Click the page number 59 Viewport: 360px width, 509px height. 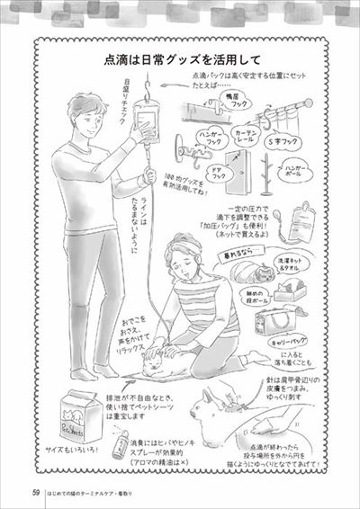click(x=34, y=491)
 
